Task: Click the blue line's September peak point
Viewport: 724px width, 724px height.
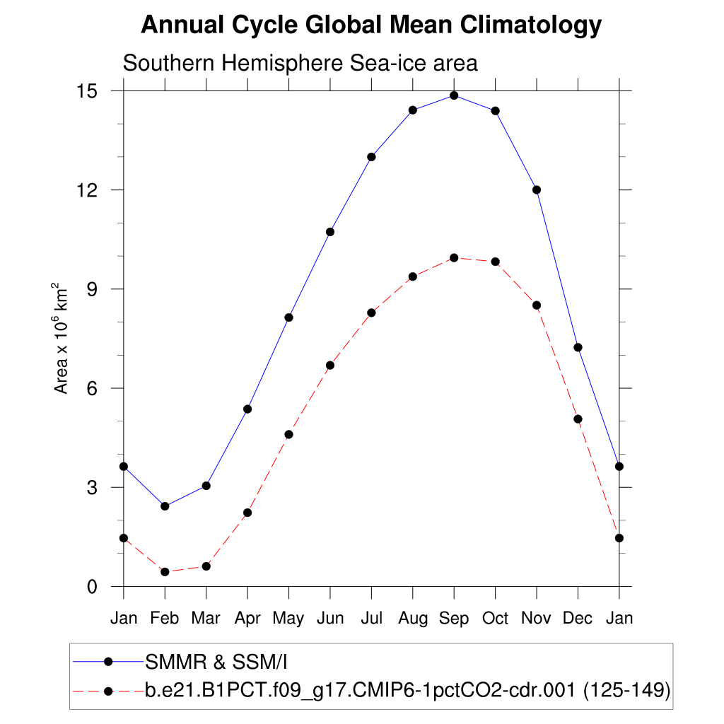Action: pyautogui.click(x=454, y=95)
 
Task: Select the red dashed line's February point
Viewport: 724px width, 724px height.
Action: pyautogui.click(x=165, y=572)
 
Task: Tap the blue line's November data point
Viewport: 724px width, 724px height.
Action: pyautogui.click(x=537, y=189)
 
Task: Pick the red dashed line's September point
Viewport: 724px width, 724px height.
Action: pyautogui.click(x=454, y=257)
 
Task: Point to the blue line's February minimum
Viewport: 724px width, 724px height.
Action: pyautogui.click(x=165, y=506)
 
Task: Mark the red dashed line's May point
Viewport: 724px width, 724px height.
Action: pyautogui.click(x=288, y=434)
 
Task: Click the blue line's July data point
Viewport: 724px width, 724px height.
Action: pyautogui.click(x=371, y=157)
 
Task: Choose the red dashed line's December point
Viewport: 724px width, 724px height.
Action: pyautogui.click(x=578, y=419)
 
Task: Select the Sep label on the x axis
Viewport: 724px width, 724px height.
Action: pyautogui.click(x=454, y=619)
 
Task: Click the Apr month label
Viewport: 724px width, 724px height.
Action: pyautogui.click(x=247, y=619)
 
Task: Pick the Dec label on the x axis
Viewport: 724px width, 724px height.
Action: pyautogui.click(x=578, y=619)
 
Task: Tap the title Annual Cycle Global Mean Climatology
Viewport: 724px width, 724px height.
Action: pyautogui.click(x=371, y=26)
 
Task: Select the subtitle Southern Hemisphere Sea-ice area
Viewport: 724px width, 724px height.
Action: pyautogui.click(x=300, y=63)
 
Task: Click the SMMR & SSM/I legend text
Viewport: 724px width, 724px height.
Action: pyautogui.click(x=216, y=662)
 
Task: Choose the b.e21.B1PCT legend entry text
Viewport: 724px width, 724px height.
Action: pyautogui.click(x=407, y=690)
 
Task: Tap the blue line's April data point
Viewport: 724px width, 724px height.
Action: pyautogui.click(x=247, y=409)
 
